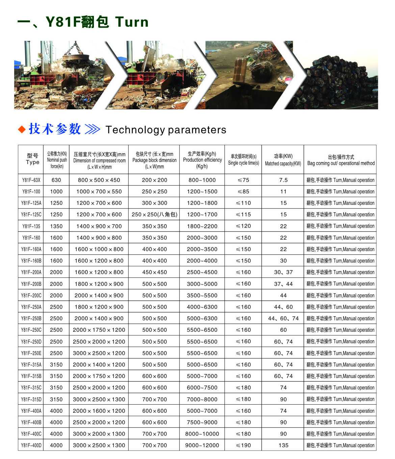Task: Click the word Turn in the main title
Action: coord(132,22)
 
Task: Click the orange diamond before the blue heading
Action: coord(22,129)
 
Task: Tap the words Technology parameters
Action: coord(166,130)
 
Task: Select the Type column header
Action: coord(32,159)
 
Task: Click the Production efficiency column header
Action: coord(202,160)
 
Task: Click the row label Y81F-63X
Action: coord(31,180)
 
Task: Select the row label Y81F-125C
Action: coord(31,214)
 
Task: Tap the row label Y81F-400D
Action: coord(31,445)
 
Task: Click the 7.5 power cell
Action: coord(283,180)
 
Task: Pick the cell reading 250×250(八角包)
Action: coord(154,214)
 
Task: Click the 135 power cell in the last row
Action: coord(283,445)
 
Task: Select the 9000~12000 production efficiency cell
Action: coord(202,445)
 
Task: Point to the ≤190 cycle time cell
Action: coord(243,445)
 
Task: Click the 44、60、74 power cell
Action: coord(283,318)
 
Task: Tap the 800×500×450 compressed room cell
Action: coord(99,180)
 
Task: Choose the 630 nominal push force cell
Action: coord(56,180)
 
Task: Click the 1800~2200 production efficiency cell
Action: coord(202,226)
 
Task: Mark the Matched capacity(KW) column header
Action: coord(283,160)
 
